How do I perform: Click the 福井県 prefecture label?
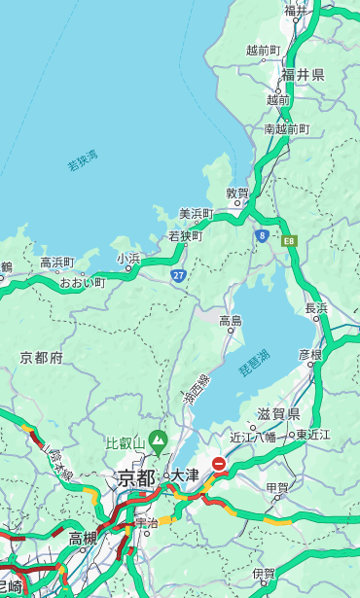pyautogui.click(x=303, y=75)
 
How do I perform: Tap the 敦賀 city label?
pyautogui.click(x=237, y=193)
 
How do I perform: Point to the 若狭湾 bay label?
pyautogui.click(x=82, y=160)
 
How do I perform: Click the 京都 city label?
pyautogui.click(x=135, y=477)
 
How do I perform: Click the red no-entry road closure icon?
pyautogui.click(x=220, y=465)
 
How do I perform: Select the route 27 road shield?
pyautogui.click(x=178, y=276)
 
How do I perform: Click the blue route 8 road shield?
pyautogui.click(x=262, y=235)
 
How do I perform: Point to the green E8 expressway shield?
pyautogui.click(x=289, y=240)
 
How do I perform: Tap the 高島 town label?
pyautogui.click(x=231, y=321)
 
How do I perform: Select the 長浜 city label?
pyautogui.click(x=316, y=308)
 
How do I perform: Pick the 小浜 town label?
pyautogui.click(x=128, y=258)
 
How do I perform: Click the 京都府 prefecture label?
pyautogui.click(x=41, y=358)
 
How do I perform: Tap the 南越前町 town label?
pyautogui.click(x=286, y=128)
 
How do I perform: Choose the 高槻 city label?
pyautogui.click(x=82, y=537)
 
